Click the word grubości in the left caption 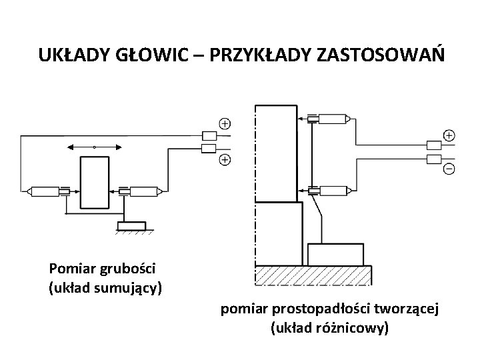[129, 269]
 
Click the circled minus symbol [449, 169]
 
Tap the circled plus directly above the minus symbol [449, 135]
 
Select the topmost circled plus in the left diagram [225, 124]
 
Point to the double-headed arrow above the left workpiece [95, 147]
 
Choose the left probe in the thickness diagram [46, 191]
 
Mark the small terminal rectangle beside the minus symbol [433, 159]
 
